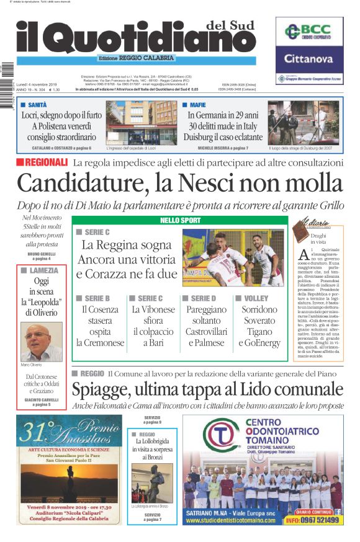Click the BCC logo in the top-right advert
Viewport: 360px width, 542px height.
point(308,32)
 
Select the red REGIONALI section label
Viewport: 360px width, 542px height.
point(42,162)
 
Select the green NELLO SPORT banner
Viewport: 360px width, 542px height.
point(179,220)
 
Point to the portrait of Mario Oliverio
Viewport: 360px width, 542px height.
point(42,341)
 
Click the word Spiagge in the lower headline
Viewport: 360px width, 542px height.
point(101,390)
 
